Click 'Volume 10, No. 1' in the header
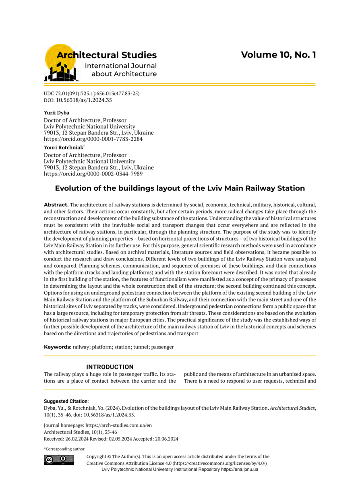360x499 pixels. click(278, 55)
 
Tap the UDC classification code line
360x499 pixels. click(91, 93)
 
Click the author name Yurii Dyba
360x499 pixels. click(56, 113)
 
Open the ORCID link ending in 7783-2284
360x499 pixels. click(93, 139)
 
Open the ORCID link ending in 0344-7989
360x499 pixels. click(93, 174)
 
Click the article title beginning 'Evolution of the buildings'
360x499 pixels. click(180, 188)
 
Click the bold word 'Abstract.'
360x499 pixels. click(56, 204)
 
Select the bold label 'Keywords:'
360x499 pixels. click(58, 347)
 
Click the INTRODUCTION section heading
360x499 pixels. click(110, 367)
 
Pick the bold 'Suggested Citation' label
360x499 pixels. click(65, 401)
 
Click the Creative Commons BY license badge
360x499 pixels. click(58, 460)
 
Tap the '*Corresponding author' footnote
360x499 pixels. click(64, 449)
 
